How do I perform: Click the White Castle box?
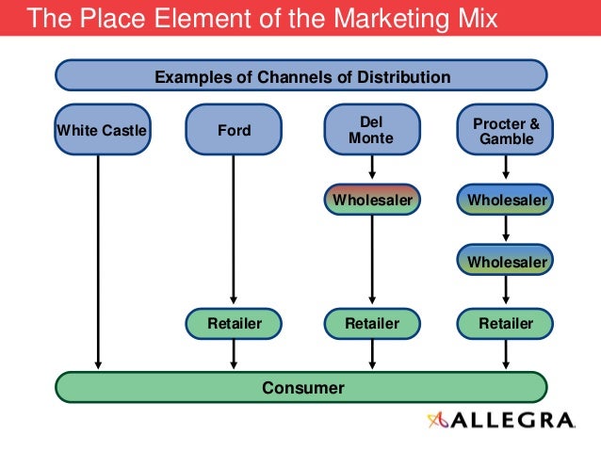(x=102, y=130)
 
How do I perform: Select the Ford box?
(x=235, y=130)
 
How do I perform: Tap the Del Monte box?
(x=371, y=130)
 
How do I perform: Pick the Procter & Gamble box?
(x=506, y=130)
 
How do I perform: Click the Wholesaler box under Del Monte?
(x=371, y=200)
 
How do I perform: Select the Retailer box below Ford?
(x=235, y=324)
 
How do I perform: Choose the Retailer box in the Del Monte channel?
(x=371, y=324)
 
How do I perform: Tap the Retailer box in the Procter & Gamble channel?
(x=506, y=324)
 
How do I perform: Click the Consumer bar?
(x=301, y=387)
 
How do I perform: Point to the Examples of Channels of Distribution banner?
(x=301, y=76)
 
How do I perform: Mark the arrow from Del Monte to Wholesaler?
(x=372, y=169)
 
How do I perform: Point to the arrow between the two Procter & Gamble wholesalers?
(x=507, y=229)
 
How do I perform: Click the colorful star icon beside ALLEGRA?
(x=439, y=421)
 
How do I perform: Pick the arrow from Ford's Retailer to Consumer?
(x=235, y=354)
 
